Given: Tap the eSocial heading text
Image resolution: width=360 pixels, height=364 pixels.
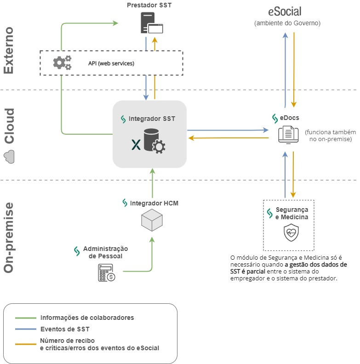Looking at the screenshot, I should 285,11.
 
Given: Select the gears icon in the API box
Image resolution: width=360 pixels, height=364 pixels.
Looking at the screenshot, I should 62,63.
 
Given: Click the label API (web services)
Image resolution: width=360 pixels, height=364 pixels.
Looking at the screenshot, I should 111,63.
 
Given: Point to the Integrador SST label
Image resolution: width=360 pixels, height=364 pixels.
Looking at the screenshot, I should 152,119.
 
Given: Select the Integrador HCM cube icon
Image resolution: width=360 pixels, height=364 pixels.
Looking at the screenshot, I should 151,220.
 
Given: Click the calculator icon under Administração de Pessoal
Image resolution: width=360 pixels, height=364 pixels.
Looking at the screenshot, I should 106,273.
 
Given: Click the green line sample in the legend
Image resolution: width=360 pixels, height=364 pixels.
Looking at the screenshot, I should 25,318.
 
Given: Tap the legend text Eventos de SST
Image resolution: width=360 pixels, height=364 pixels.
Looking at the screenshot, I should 65,329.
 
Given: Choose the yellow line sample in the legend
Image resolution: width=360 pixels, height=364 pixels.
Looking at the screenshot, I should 25,344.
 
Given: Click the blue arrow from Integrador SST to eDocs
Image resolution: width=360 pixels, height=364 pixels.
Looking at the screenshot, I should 228,131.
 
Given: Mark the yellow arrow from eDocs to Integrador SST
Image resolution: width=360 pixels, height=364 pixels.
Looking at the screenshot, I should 228,137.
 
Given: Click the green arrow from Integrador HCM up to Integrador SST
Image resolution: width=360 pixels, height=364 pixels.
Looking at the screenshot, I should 151,183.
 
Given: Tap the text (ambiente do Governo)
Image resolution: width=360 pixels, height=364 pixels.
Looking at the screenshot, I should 287,23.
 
